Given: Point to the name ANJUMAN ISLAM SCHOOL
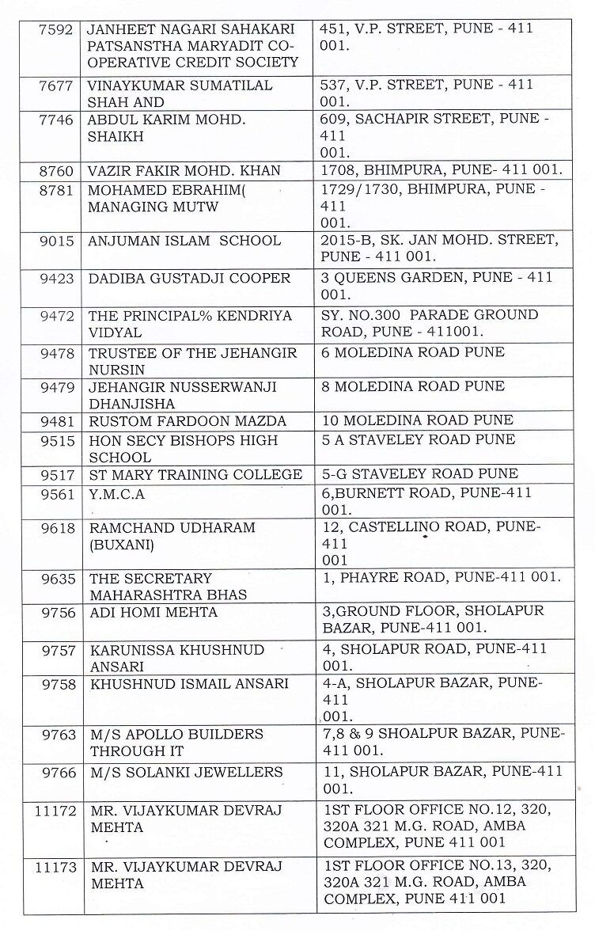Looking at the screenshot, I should click(184, 241).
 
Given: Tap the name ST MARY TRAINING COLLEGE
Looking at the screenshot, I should click(195, 474).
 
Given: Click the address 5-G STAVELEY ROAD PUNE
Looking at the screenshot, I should click(419, 473).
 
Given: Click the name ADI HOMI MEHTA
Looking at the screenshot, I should click(153, 612).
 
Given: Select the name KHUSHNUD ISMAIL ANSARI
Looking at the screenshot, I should click(188, 683).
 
